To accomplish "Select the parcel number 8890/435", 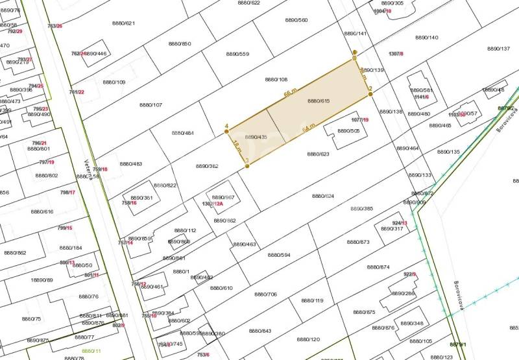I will click(x=256, y=137).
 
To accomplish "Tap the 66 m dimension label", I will click(x=290, y=94).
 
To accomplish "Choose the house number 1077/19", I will click(x=359, y=120).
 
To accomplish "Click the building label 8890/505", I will click(x=348, y=130).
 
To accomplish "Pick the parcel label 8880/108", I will click(x=276, y=79).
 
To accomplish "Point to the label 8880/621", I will click(x=124, y=23).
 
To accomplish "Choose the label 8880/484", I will click(x=182, y=133).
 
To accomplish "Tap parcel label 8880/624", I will click(x=323, y=196).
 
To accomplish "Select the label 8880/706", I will click(x=266, y=294).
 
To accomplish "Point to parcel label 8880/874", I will click(x=378, y=267).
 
